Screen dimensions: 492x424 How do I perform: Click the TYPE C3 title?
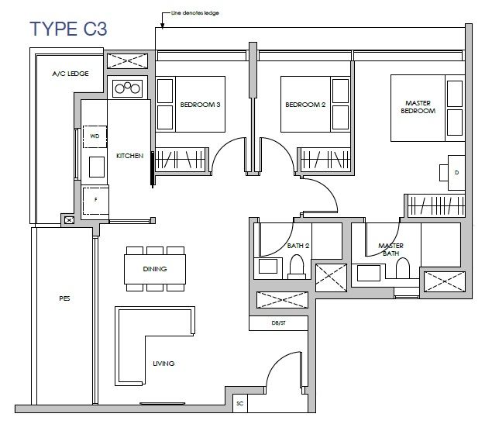[68, 29]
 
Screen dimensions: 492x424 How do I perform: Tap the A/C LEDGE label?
[71, 74]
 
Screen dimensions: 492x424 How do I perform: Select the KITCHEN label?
[129, 156]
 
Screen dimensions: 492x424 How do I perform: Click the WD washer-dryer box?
[95, 136]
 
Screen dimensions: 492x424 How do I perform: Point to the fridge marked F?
[95, 200]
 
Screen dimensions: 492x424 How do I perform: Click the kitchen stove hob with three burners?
[127, 88]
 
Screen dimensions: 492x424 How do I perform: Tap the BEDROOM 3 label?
[200, 105]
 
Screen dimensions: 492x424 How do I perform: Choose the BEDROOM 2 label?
[305, 105]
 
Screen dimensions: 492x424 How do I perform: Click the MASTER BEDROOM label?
[418, 107]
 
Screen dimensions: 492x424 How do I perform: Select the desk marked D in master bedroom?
[456, 173]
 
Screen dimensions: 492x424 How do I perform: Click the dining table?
[155, 269]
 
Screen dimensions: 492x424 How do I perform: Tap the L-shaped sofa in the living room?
[132, 345]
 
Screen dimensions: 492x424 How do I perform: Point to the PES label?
[64, 298]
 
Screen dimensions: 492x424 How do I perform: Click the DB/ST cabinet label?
[278, 323]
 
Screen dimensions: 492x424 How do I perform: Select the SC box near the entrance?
[240, 403]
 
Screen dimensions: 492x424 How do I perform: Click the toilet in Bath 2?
[297, 267]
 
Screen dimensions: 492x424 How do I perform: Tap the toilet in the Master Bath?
[403, 268]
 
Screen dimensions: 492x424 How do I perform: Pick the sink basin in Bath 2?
[268, 266]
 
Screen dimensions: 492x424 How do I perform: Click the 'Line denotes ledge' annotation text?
[194, 13]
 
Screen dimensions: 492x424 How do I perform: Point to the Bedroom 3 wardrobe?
[181, 160]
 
